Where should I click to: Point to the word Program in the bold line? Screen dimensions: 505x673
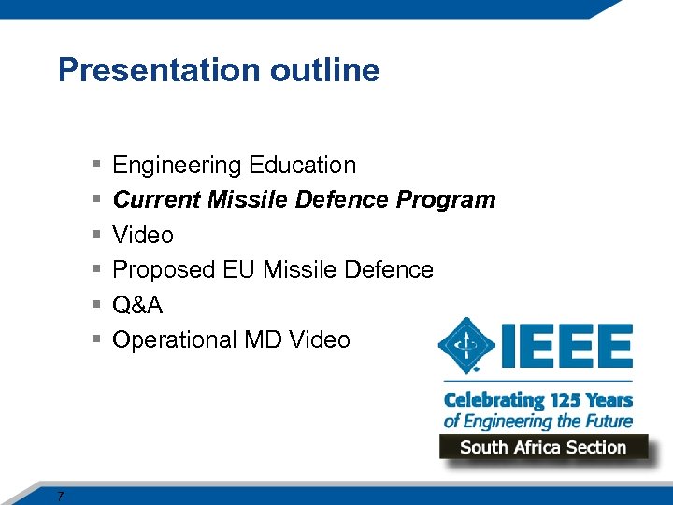click(446, 200)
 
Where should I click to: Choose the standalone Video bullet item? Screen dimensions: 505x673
click(143, 235)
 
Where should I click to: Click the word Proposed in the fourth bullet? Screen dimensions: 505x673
click(164, 270)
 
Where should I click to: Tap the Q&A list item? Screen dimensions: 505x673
click(137, 305)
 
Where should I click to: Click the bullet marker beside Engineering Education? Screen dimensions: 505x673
click(96, 166)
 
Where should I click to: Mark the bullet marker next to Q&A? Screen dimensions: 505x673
click(96, 305)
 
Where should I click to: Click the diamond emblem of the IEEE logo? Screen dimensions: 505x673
click(465, 347)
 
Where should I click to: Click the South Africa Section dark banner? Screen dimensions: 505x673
click(543, 447)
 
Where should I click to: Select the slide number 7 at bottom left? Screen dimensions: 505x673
click(60, 496)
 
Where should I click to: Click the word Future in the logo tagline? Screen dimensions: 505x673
click(607, 421)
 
